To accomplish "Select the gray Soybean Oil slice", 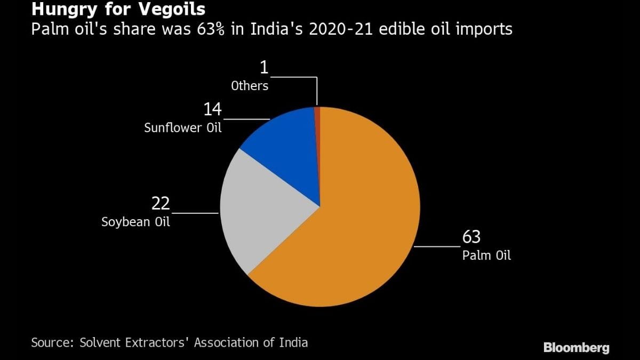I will click(261, 213).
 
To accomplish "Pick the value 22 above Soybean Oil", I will click(161, 203).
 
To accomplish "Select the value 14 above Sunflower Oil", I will click(212, 110).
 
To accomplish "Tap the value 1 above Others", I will click(263, 68).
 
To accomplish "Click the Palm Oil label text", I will click(486, 255).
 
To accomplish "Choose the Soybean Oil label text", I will click(136, 221).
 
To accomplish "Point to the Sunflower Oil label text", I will click(183, 128).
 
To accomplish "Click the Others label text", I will click(250, 86).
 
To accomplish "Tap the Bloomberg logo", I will click(576, 348).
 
